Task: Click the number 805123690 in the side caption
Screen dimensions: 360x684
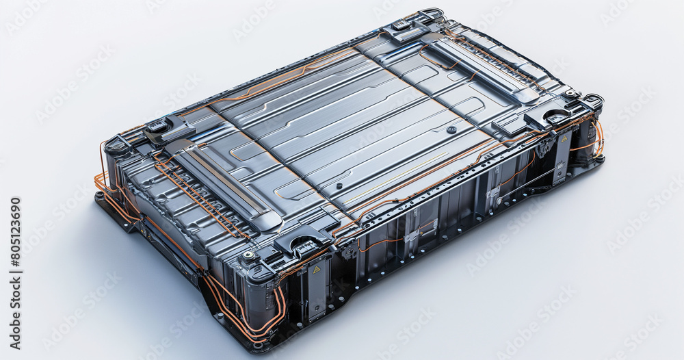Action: point(14,242)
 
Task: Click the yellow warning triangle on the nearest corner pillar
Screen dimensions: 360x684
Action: point(317,270)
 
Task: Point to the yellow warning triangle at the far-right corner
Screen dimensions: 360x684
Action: point(564,139)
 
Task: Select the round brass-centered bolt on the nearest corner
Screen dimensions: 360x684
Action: point(249,255)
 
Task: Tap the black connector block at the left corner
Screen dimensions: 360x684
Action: point(160,128)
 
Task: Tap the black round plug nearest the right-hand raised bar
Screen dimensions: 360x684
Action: point(451,129)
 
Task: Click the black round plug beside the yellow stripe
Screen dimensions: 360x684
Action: point(339,185)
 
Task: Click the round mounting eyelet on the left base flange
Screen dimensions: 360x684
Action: point(101,196)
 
